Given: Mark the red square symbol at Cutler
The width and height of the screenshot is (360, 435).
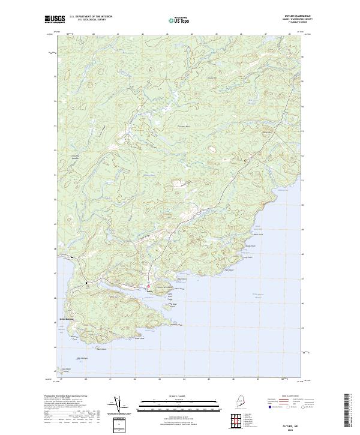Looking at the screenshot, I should coord(148,287).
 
